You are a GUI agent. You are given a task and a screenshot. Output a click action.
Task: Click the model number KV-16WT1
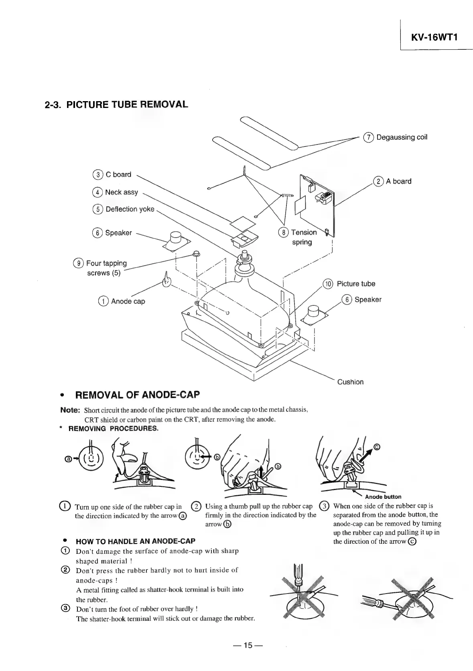click(434, 37)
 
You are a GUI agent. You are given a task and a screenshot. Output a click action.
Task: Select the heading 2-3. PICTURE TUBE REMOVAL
click(116, 105)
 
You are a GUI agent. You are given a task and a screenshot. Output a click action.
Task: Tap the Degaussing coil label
click(402, 137)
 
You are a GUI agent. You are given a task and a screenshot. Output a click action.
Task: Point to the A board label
click(398, 181)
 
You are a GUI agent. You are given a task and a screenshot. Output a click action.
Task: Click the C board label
click(118, 175)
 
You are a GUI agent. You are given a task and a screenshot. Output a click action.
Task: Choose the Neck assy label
click(121, 192)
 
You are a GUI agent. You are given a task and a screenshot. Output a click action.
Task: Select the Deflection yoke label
click(130, 209)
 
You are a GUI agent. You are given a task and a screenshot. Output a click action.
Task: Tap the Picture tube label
click(356, 284)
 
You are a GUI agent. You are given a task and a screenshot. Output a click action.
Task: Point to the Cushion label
click(350, 382)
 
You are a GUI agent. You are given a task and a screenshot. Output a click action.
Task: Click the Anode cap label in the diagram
click(128, 301)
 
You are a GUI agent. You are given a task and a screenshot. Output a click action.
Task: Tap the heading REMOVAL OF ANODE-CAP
click(137, 395)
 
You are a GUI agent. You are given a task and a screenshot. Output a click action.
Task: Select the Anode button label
click(383, 497)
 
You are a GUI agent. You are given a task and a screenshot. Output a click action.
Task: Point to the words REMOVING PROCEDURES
click(114, 429)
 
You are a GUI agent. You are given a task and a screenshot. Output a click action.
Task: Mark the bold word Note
click(70, 410)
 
